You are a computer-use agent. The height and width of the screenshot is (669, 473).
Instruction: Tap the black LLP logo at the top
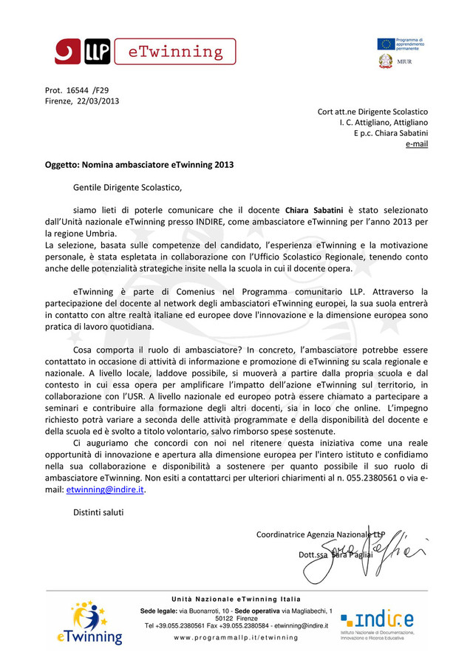96,52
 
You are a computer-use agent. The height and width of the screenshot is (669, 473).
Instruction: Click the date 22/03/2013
98,101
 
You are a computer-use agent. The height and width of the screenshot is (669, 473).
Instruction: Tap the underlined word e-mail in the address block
417,143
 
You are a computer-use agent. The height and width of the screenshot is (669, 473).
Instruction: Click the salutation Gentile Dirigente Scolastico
126,187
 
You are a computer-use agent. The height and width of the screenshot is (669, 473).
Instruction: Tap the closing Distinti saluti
98,512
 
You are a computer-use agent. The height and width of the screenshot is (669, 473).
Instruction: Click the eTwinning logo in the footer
89,623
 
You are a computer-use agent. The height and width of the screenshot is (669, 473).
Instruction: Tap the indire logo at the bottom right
376,619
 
